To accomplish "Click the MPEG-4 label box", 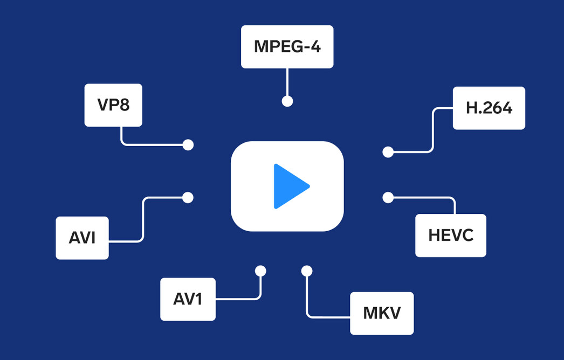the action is click(x=287, y=47).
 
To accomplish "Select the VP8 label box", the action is click(x=113, y=105).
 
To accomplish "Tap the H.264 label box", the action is click(x=489, y=108).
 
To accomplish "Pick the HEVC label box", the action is click(x=451, y=236).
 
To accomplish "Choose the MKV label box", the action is click(x=382, y=313).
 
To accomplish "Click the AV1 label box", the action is click(x=188, y=299).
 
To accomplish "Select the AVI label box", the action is click(x=82, y=238).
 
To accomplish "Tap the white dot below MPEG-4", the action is click(x=287, y=101).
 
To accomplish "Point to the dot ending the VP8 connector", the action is click(x=188, y=145).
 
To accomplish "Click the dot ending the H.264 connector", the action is click(x=388, y=152).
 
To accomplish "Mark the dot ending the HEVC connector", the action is click(x=388, y=197).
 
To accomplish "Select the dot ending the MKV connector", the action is click(x=307, y=271).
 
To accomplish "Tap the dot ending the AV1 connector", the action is click(x=260, y=271).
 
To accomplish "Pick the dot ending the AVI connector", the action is click(x=188, y=197).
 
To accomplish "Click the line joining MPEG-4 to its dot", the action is click(x=287, y=82).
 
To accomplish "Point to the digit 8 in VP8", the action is click(x=123, y=105).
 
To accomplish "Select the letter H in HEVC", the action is click(x=434, y=236).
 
